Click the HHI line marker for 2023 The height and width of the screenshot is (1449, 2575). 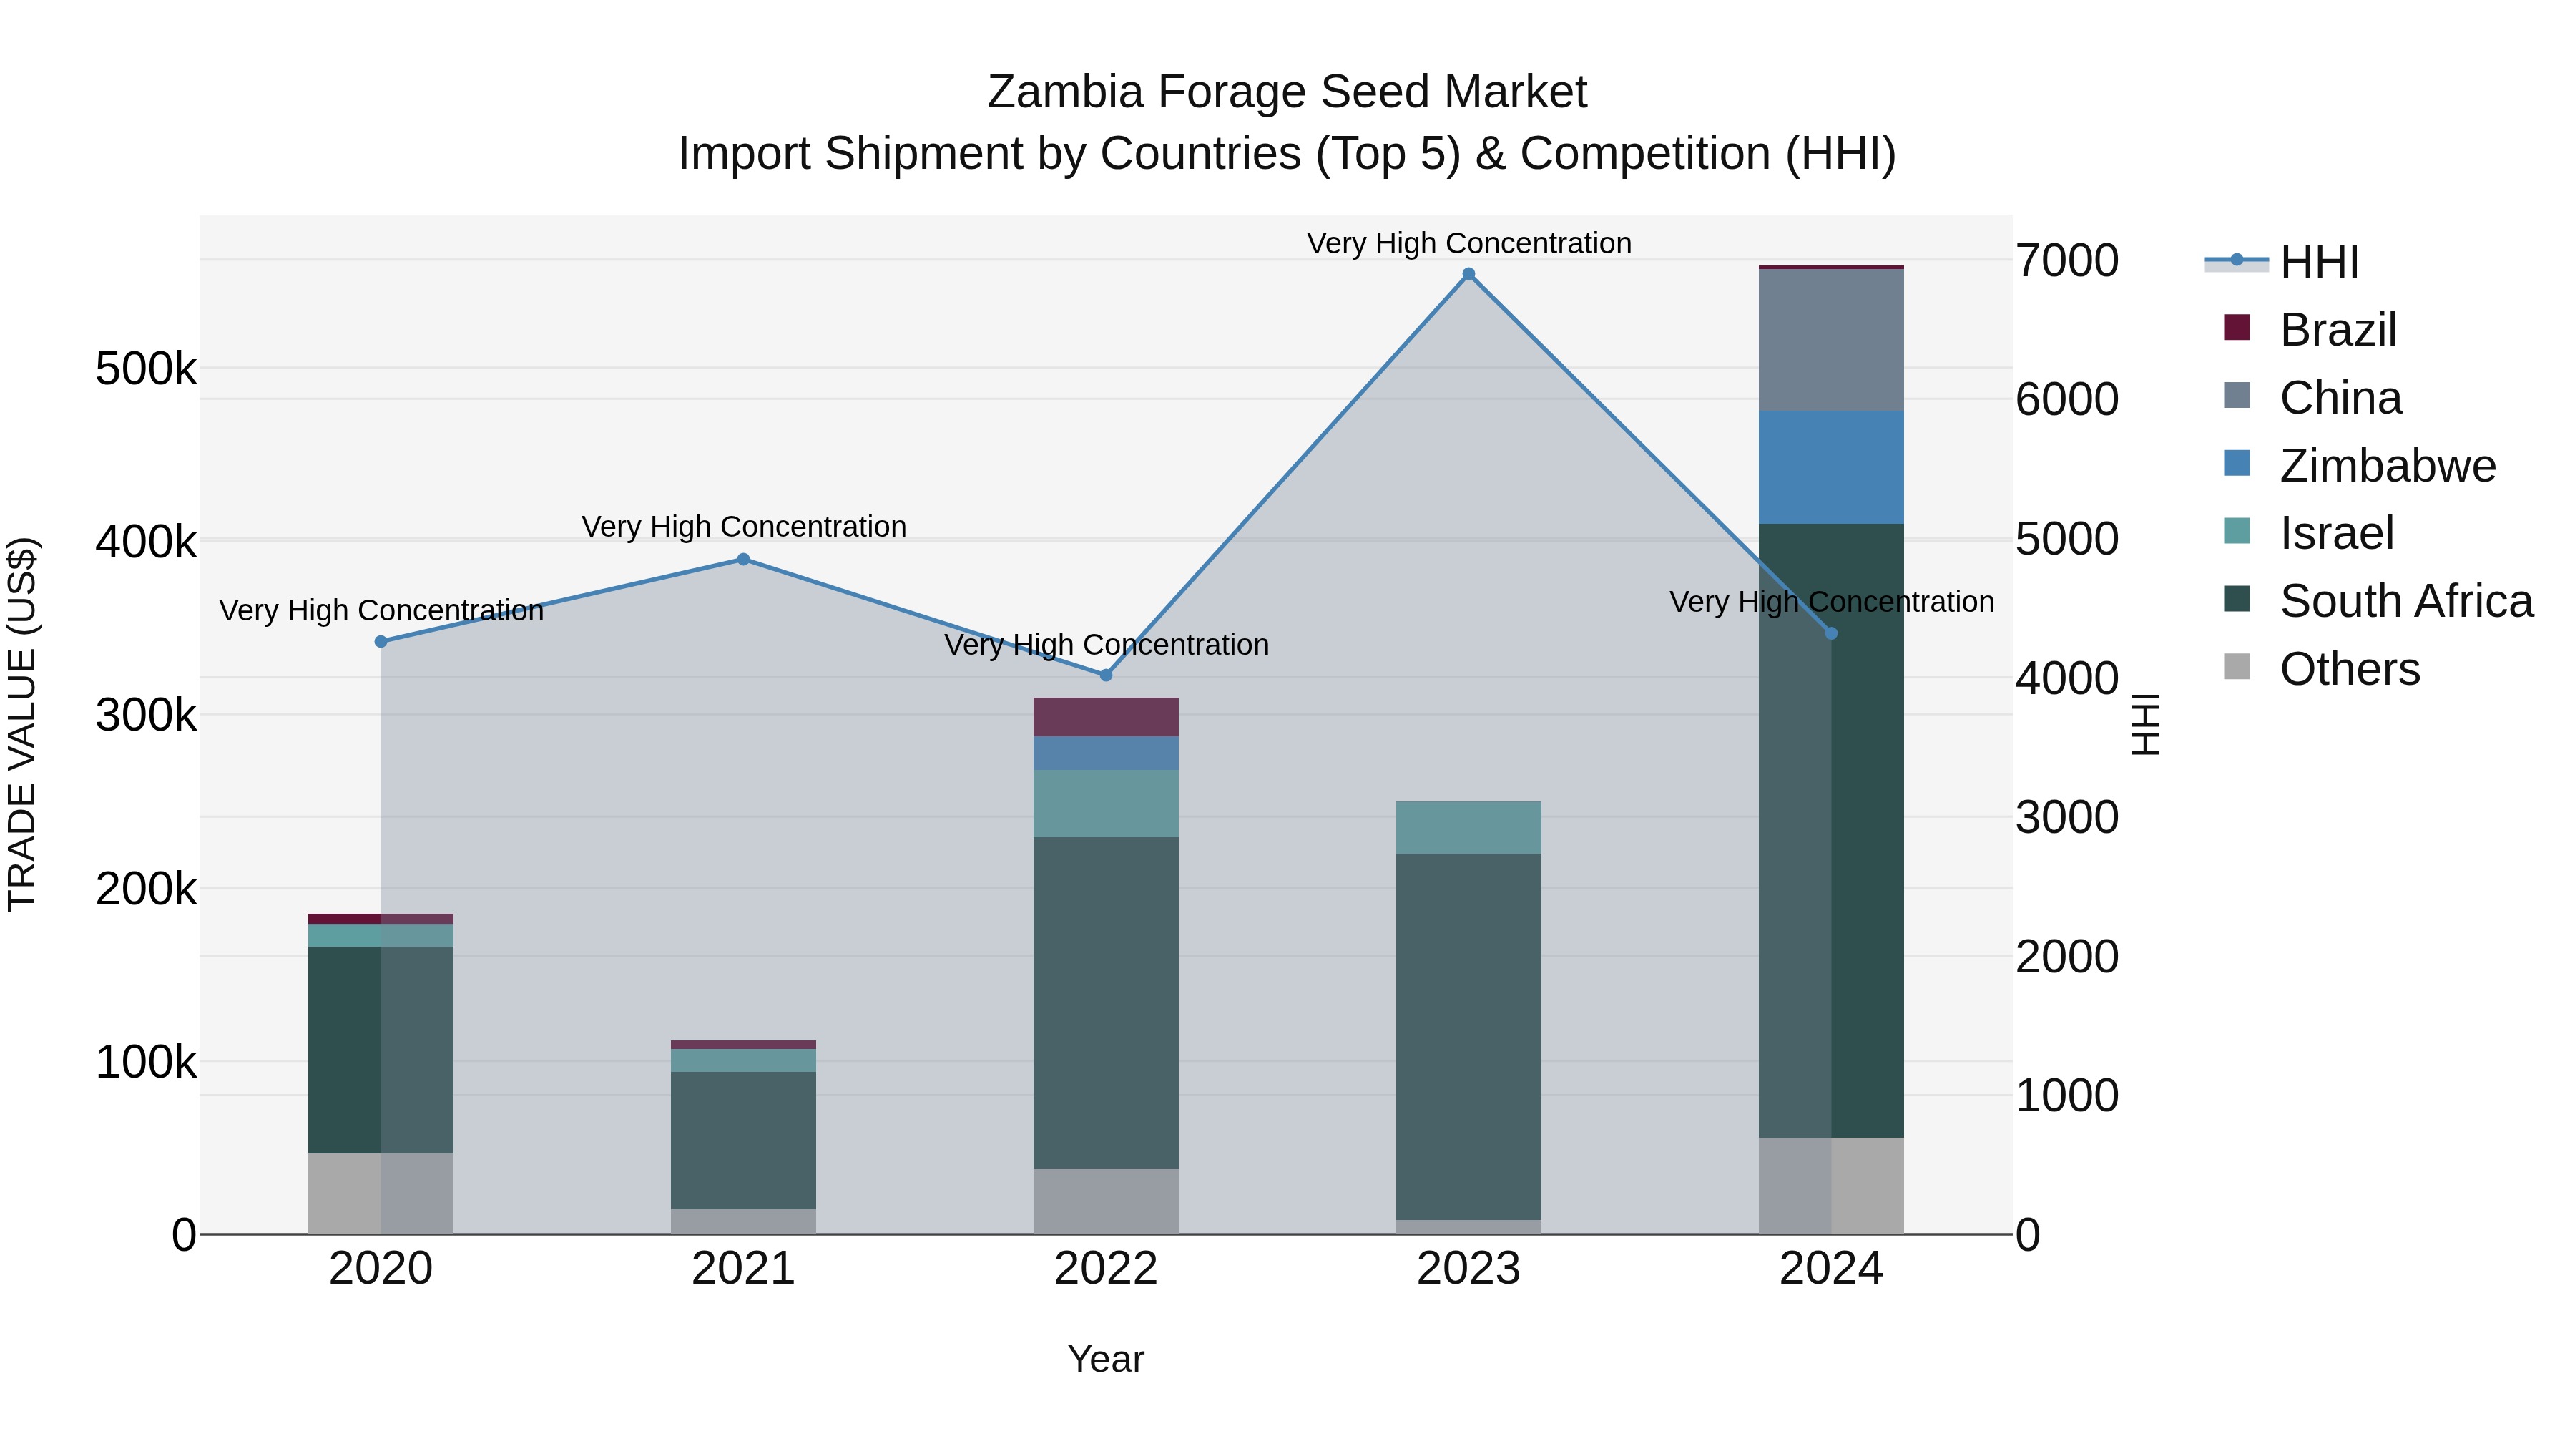pyautogui.click(x=1468, y=274)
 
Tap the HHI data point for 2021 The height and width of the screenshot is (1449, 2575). pyautogui.click(x=744, y=559)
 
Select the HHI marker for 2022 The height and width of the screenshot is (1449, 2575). pyautogui.click(x=1106, y=675)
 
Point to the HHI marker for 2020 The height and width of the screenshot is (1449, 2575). pyautogui.click(x=381, y=641)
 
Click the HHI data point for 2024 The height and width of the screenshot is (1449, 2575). pyautogui.click(x=1831, y=633)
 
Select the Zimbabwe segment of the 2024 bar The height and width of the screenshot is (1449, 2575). pyautogui.click(x=1831, y=467)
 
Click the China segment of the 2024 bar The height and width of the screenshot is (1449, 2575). pyautogui.click(x=1831, y=340)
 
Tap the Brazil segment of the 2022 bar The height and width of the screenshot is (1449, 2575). pyautogui.click(x=1106, y=717)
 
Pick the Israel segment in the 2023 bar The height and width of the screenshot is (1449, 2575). pyautogui.click(x=1468, y=827)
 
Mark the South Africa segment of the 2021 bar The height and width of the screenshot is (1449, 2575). pyautogui.click(x=744, y=1140)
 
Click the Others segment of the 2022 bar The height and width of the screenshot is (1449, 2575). pyautogui.click(x=1106, y=1200)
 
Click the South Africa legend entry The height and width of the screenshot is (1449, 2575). pyautogui.click(x=2405, y=601)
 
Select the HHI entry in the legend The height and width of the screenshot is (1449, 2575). pyautogui.click(x=2319, y=262)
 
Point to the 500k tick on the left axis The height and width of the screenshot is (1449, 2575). pyautogui.click(x=146, y=369)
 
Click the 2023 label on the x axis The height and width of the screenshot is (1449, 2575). pyautogui.click(x=1468, y=1269)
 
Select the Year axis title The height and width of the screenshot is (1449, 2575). pyautogui.click(x=1106, y=1359)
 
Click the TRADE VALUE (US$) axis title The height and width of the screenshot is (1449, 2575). pyautogui.click(x=23, y=724)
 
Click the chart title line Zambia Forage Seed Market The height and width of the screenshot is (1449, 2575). pyautogui.click(x=1287, y=92)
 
